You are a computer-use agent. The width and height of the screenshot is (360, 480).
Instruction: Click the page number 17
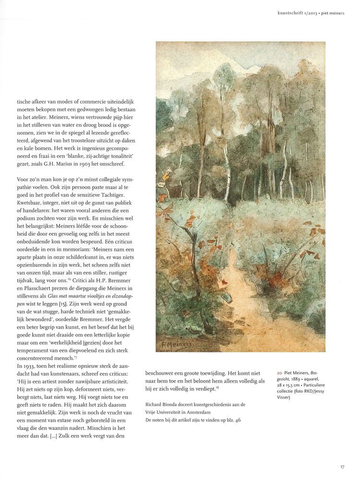342,466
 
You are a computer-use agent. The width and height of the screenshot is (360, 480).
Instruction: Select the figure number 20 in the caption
279,372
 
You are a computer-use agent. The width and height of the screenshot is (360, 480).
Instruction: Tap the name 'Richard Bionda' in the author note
161,405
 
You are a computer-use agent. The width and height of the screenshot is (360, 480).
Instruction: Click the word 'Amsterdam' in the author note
196,412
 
